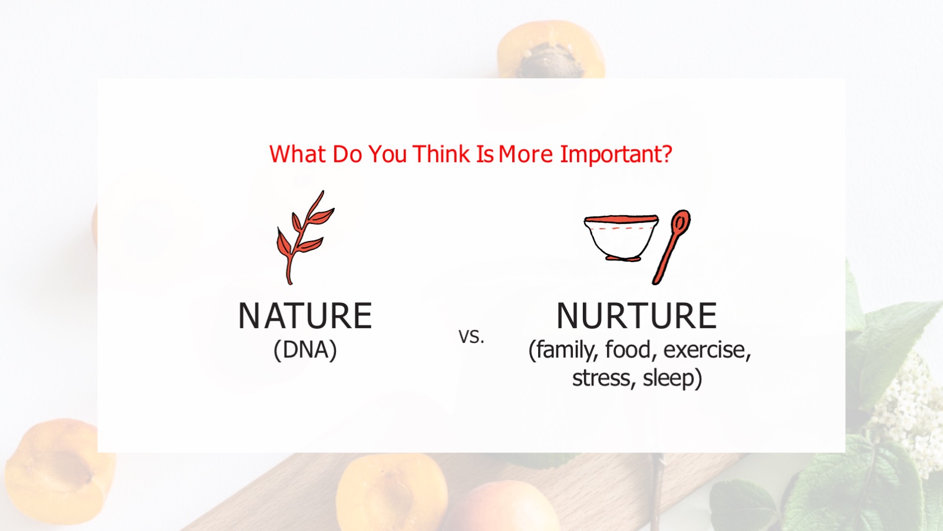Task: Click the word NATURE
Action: (305, 316)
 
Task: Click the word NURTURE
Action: (637, 316)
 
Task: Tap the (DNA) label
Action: (305, 350)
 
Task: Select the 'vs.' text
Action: (471, 337)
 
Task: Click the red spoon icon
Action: (672, 246)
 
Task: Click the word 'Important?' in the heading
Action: (616, 154)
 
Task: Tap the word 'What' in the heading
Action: (298, 154)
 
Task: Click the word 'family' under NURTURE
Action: (564, 350)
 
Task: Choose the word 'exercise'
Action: (705, 350)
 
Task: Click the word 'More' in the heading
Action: (525, 154)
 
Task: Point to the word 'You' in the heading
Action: (388, 154)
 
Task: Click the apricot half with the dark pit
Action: (552, 50)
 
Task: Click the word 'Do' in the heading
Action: (347, 154)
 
